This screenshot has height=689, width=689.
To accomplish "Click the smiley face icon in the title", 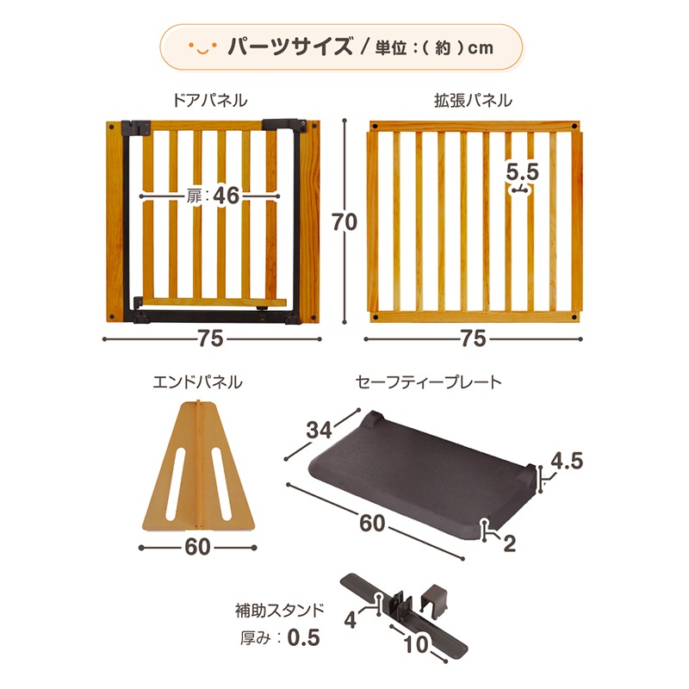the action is click(x=202, y=47).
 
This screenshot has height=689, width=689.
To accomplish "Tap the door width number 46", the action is click(x=227, y=196).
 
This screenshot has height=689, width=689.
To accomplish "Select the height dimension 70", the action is click(x=344, y=222).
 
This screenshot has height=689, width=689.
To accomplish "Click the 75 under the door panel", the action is click(x=210, y=338).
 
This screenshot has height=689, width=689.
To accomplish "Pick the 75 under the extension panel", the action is click(x=473, y=338).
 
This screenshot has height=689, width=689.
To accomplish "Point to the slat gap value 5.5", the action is click(x=522, y=171).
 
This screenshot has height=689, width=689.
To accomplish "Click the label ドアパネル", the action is click(x=209, y=101).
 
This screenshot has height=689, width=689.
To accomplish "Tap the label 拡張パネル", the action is click(x=473, y=101).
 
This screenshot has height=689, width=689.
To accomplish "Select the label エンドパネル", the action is click(x=197, y=382).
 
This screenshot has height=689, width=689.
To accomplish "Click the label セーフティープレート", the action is click(x=428, y=382).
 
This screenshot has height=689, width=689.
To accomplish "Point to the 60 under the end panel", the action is click(x=197, y=547).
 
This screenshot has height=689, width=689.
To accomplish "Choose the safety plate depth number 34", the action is click(x=319, y=430).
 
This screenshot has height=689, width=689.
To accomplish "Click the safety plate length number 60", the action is click(x=372, y=524).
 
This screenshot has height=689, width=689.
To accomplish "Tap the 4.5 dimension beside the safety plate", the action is click(x=567, y=461).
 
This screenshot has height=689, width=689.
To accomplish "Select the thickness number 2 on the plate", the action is click(x=509, y=543).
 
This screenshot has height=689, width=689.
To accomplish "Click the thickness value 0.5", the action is click(x=304, y=637).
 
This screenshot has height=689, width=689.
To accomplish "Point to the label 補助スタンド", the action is click(x=279, y=611).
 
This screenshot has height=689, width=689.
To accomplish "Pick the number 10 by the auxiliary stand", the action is click(x=415, y=644).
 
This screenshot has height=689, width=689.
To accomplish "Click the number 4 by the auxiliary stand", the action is click(x=350, y=620).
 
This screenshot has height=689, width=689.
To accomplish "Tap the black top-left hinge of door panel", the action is click(x=136, y=127).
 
